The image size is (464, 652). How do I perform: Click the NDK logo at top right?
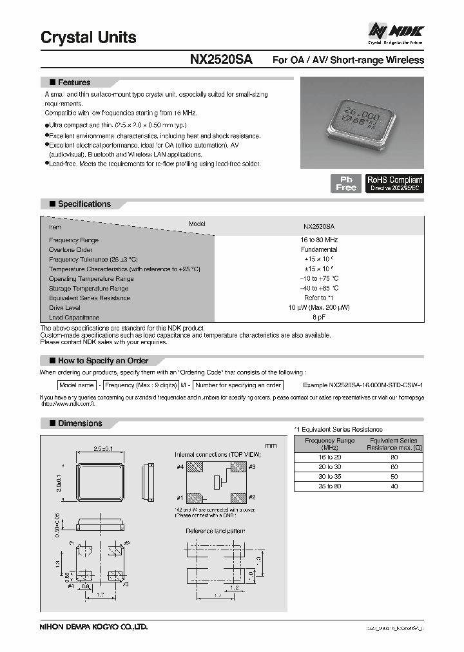[395, 32]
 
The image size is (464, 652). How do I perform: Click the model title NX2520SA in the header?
[221, 60]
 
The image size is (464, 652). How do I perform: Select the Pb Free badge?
[345, 183]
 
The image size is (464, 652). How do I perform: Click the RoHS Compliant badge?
[394, 183]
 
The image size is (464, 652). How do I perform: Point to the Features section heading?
[74, 82]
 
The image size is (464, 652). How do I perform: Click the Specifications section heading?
[84, 204]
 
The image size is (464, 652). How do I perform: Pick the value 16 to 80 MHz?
[319, 240]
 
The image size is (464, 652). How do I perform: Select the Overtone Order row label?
[72, 249]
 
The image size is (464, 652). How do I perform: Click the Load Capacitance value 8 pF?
[319, 318]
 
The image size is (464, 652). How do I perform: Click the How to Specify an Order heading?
[102, 361]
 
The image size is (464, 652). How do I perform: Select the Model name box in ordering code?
[77, 385]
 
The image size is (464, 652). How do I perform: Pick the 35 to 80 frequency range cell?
[329, 487]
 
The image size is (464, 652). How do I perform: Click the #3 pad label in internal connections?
[252, 466]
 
